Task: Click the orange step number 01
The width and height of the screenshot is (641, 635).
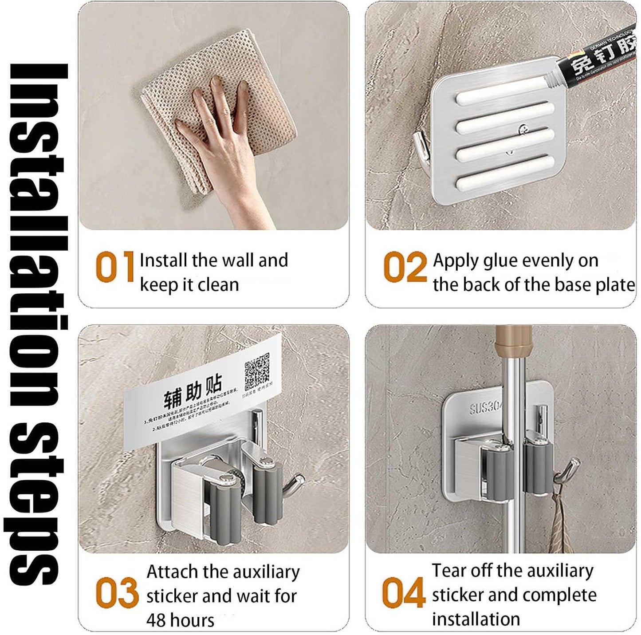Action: pyautogui.click(x=114, y=267)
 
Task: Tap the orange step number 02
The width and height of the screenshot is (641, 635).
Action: pyautogui.click(x=405, y=267)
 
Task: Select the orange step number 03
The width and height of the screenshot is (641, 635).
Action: pyautogui.click(x=117, y=593)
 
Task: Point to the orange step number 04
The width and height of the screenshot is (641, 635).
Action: pyautogui.click(x=404, y=593)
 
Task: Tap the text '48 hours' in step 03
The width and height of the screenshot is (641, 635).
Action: pyautogui.click(x=180, y=619)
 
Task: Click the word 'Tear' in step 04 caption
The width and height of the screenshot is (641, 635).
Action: pyautogui.click(x=448, y=571)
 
